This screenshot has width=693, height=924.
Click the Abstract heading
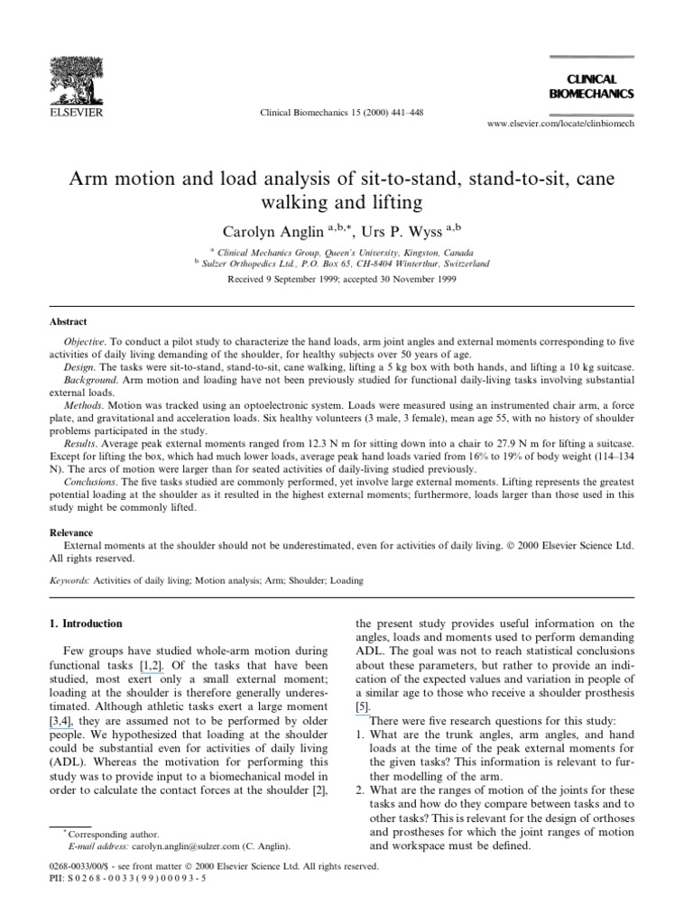(69, 320)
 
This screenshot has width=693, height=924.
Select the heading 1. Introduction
(86, 624)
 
